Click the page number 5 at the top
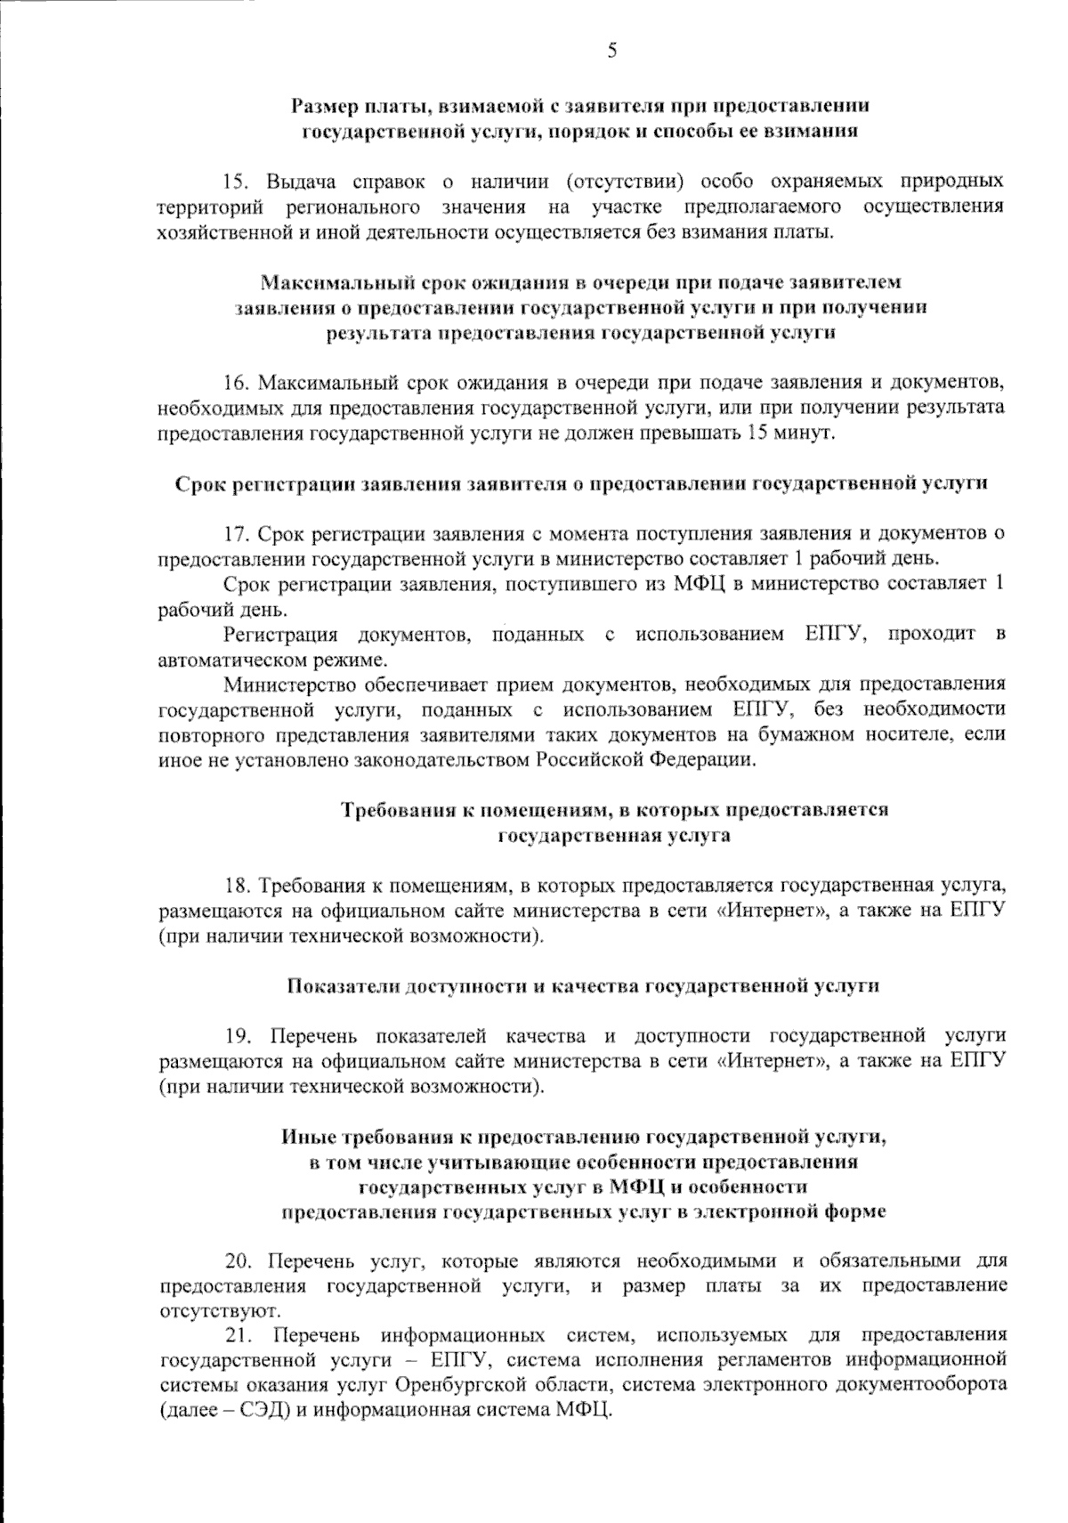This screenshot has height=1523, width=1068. click(612, 51)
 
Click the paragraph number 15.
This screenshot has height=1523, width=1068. click(236, 182)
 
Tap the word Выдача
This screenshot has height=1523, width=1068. click(300, 182)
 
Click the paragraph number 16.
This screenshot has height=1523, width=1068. click(236, 384)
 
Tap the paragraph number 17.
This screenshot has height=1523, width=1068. click(236, 534)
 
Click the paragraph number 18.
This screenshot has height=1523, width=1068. click(236, 887)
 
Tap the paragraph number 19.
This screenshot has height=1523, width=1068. click(236, 1036)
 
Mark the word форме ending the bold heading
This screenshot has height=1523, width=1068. click(855, 1211)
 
